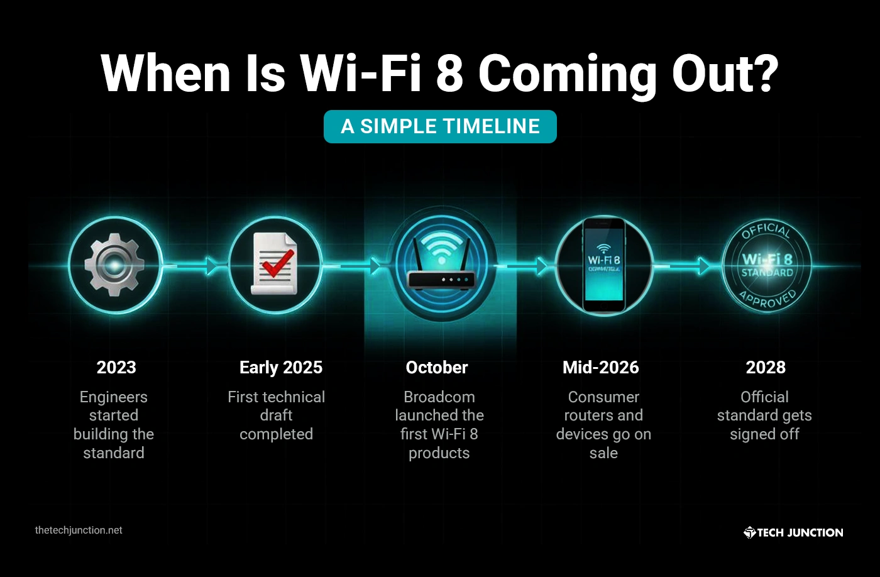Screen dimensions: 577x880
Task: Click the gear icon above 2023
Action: pyautogui.click(x=115, y=265)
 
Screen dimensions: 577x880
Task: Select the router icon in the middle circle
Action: pyautogui.click(x=441, y=267)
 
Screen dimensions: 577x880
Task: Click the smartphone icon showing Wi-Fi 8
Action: pyautogui.click(x=603, y=265)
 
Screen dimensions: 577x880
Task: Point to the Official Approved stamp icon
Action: pyautogui.click(x=766, y=265)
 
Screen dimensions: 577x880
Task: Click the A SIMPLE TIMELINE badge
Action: pyautogui.click(x=440, y=126)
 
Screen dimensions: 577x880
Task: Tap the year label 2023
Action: pyautogui.click(x=116, y=368)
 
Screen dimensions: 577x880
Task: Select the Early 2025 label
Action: pyautogui.click(x=281, y=368)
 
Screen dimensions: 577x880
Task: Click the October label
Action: pyautogui.click(x=437, y=368)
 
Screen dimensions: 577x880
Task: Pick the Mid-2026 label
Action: pyautogui.click(x=601, y=368)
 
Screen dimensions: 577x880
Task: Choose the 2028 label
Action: pyautogui.click(x=766, y=368)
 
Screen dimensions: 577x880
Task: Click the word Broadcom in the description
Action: pyautogui.click(x=439, y=397)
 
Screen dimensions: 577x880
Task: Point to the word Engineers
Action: pyautogui.click(x=114, y=397)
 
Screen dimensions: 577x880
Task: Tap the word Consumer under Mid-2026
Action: pyautogui.click(x=603, y=397)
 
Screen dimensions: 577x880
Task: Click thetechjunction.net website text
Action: pyautogui.click(x=79, y=530)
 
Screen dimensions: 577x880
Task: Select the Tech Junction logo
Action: pyautogui.click(x=793, y=532)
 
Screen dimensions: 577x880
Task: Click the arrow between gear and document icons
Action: pyautogui.click(x=211, y=267)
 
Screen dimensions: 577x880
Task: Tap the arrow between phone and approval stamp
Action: pyautogui.click(x=703, y=267)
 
